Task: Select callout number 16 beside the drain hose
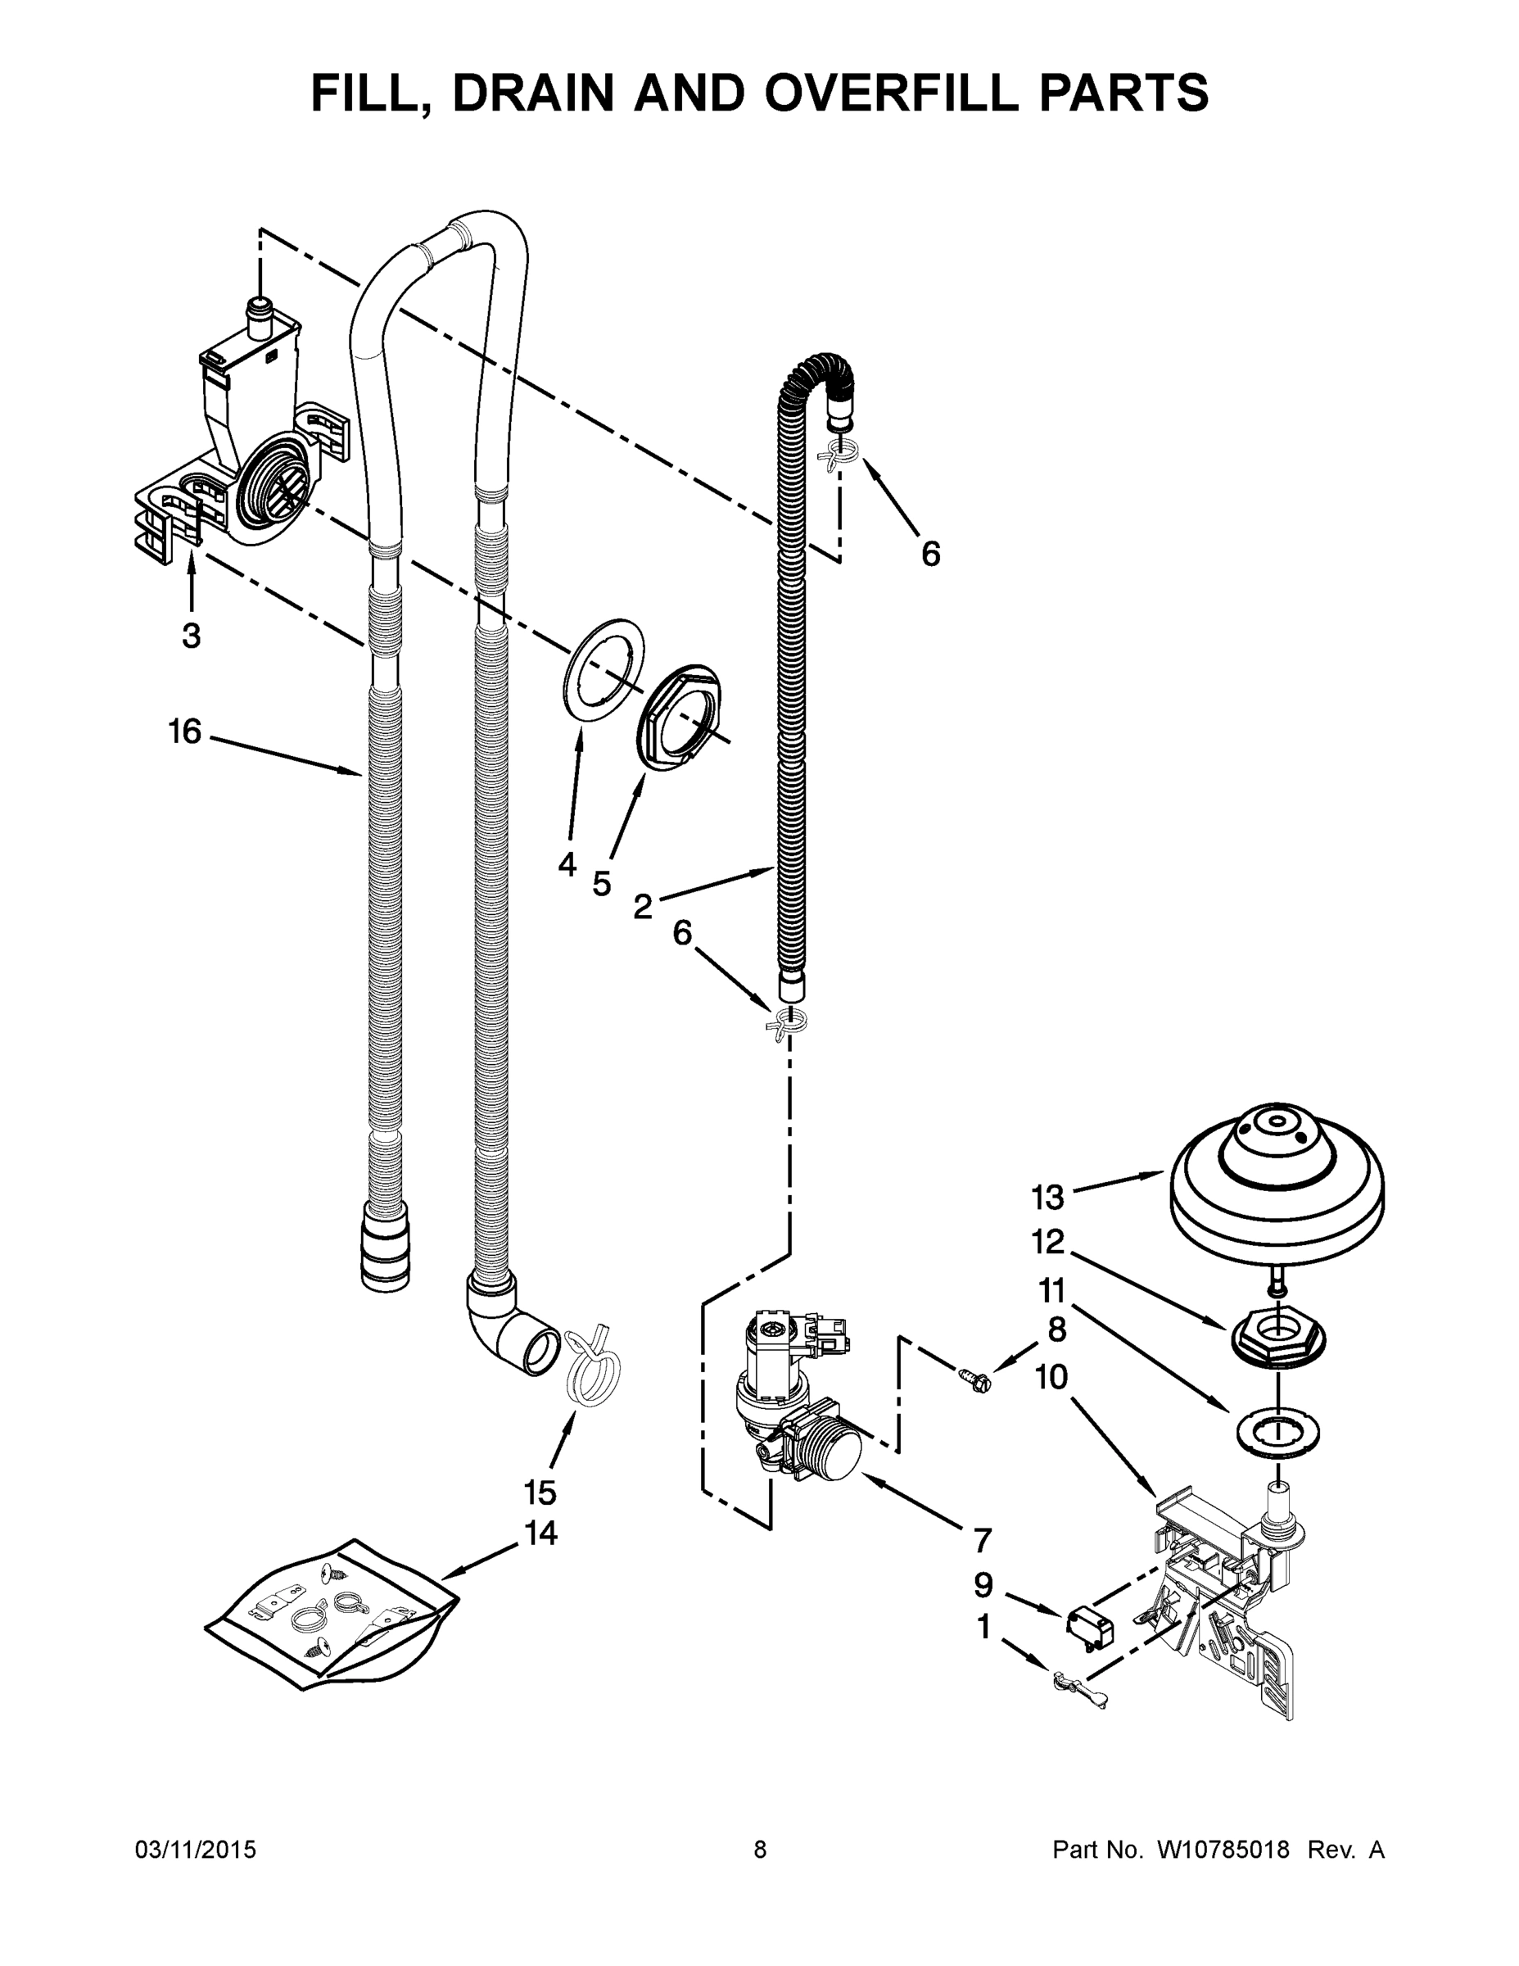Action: click(184, 731)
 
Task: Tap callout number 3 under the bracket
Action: click(191, 636)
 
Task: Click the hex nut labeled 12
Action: click(1277, 1340)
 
